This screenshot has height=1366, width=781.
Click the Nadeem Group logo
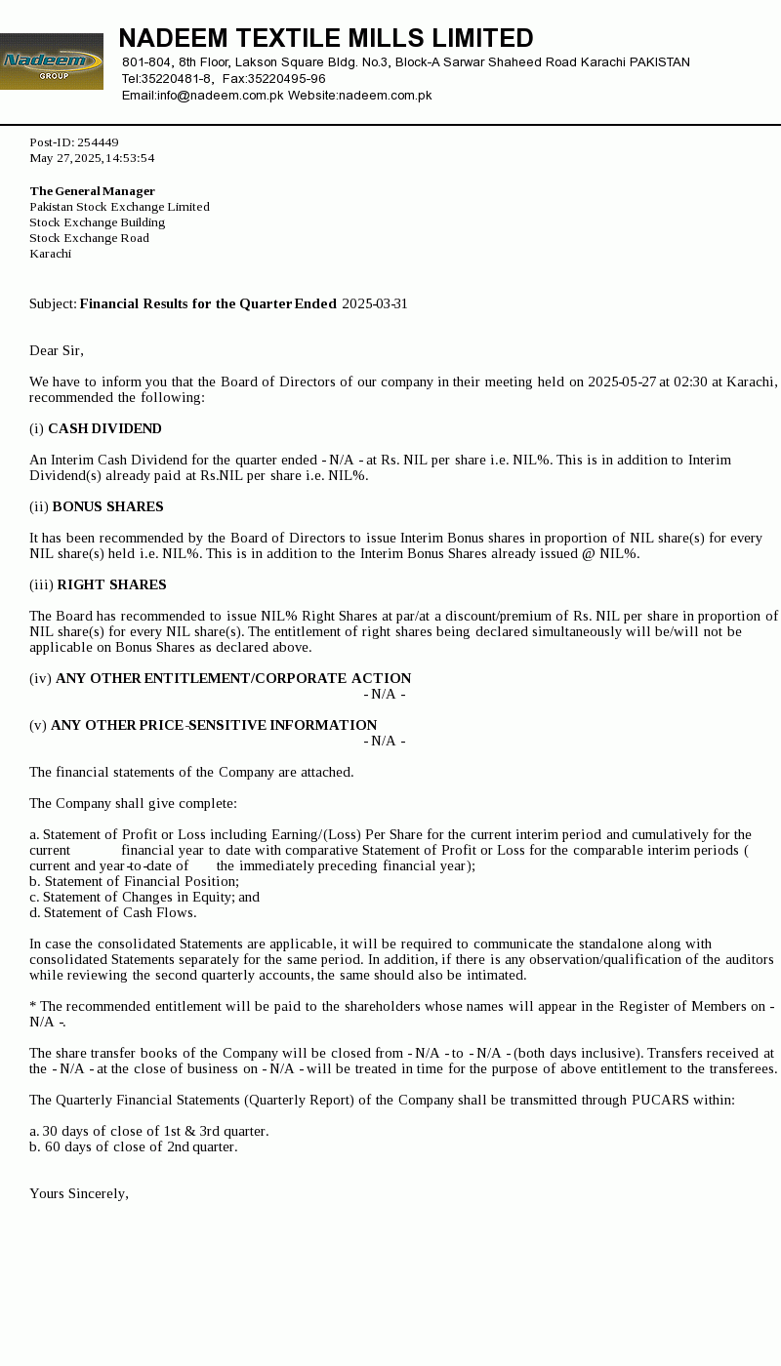point(51,61)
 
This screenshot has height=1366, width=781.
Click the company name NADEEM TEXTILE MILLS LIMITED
point(326,39)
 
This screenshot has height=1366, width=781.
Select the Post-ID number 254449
point(98,142)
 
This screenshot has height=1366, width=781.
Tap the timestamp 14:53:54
point(130,158)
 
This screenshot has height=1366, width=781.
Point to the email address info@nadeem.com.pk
point(221,96)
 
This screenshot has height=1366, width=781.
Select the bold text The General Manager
point(93,191)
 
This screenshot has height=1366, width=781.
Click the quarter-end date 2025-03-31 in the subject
point(375,304)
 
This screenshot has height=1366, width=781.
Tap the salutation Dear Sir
point(57,351)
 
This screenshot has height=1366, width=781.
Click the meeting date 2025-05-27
point(622,382)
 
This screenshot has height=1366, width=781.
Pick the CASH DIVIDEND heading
point(104,429)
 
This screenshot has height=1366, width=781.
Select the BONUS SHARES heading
point(107,507)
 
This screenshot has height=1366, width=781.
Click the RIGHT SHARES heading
point(111,585)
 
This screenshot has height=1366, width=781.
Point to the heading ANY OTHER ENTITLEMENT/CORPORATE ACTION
point(233,679)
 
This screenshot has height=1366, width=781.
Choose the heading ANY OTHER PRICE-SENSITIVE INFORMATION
point(214,726)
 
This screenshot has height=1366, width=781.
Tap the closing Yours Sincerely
point(79,1194)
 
